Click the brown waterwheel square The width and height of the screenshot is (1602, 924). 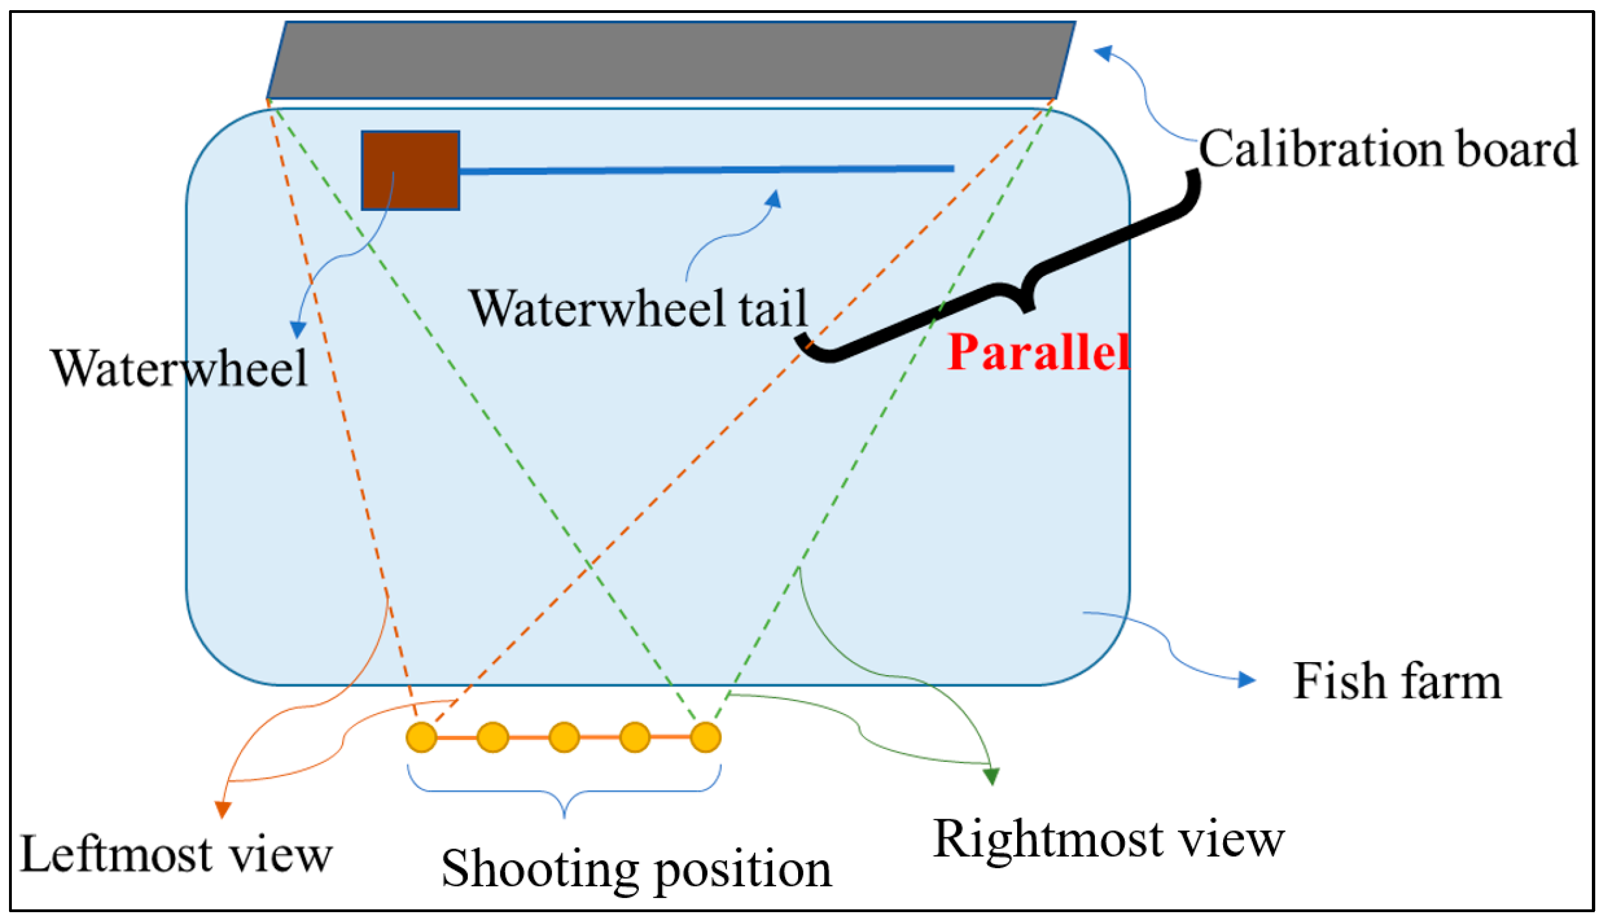(410, 170)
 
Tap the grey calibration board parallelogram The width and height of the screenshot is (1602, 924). (671, 60)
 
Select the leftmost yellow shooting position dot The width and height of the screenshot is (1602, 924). (421, 738)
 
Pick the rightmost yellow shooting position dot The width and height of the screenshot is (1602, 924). (705, 738)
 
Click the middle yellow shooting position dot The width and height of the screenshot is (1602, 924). (564, 738)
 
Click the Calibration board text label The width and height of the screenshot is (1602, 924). (1388, 149)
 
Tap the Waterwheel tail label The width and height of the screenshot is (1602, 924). (638, 308)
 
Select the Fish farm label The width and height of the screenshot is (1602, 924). (1397, 681)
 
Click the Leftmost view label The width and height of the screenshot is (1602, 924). (176, 854)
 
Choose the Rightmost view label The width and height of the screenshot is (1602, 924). (1108, 838)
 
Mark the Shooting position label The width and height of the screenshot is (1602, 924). (636, 869)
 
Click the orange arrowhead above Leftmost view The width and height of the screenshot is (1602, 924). (222, 810)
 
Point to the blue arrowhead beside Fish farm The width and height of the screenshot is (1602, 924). (1247, 680)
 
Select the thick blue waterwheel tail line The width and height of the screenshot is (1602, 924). (706, 169)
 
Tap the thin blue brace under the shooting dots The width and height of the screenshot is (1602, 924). (564, 792)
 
